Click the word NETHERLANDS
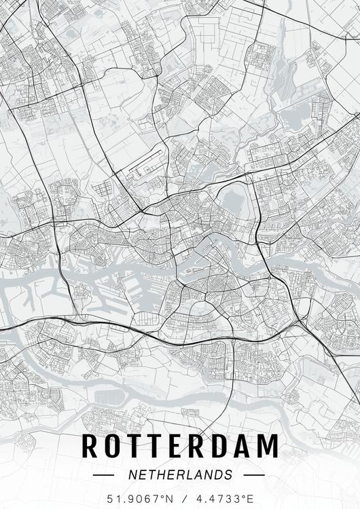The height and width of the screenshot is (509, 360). tap(180, 474)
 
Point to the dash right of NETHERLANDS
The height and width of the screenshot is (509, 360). tap(253, 475)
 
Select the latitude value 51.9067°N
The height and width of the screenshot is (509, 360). tap(139, 499)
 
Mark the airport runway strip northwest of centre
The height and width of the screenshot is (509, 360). tap(143, 163)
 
